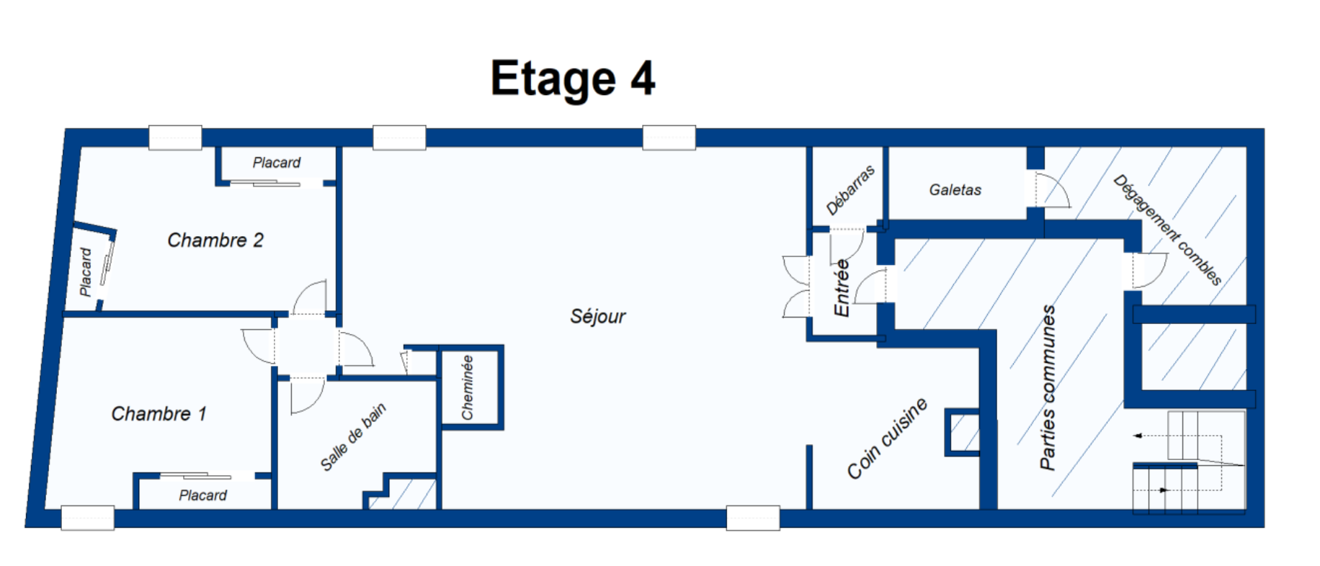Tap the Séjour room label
598,316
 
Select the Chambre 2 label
215,240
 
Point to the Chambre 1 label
159,413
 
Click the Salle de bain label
353,437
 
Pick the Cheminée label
468,387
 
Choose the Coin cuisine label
887,439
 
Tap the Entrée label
842,288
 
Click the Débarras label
850,190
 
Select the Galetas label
955,190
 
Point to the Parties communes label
1048,387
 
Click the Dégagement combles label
1167,230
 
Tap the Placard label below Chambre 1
202,495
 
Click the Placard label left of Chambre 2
86,272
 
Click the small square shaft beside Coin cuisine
963,432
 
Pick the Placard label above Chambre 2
276,163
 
